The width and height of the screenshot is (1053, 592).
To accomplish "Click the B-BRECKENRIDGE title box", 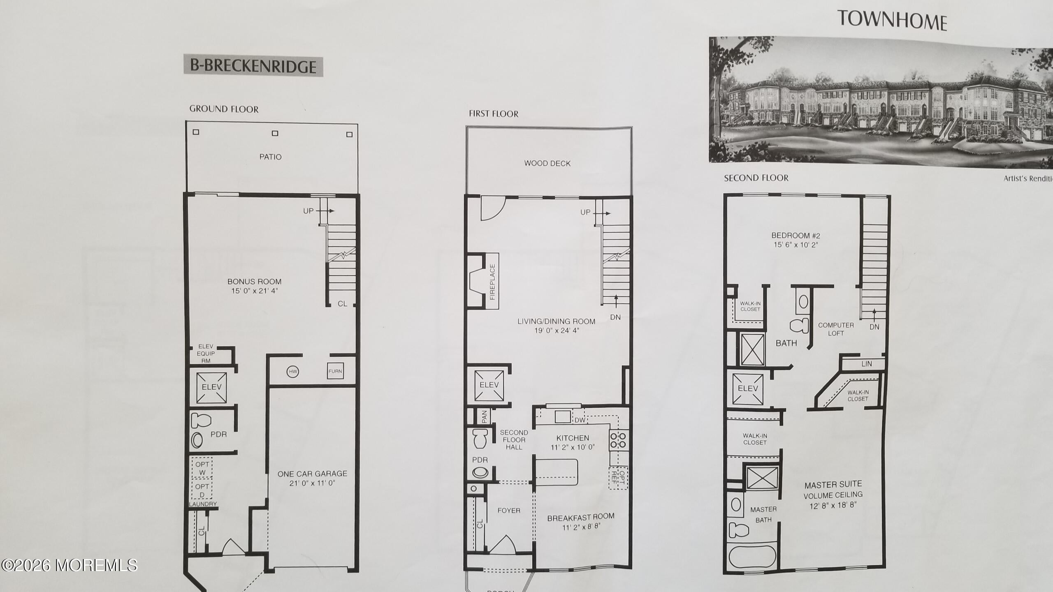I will pyautogui.click(x=253, y=67).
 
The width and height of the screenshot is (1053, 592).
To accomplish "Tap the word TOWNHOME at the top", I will pyautogui.click(x=892, y=20).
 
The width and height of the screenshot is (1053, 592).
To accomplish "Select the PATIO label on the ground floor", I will pyautogui.click(x=270, y=157).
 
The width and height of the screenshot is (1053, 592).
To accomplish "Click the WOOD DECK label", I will pyautogui.click(x=547, y=163).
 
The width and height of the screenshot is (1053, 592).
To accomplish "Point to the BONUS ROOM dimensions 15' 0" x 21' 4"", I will pyautogui.click(x=254, y=291).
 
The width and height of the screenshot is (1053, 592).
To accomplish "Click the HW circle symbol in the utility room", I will pyautogui.click(x=293, y=372).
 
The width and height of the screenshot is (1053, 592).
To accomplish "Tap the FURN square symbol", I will pyautogui.click(x=335, y=371).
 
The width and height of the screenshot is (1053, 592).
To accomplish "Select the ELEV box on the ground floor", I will pyautogui.click(x=211, y=387).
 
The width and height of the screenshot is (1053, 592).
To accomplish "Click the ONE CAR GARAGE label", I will pyautogui.click(x=312, y=474).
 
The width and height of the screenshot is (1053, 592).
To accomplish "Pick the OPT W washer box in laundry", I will pyautogui.click(x=202, y=468).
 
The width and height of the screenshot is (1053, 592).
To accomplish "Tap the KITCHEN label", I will pyautogui.click(x=573, y=438).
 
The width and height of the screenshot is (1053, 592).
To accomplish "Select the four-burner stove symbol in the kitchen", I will pyautogui.click(x=618, y=440).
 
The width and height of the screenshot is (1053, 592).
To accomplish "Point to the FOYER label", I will pyautogui.click(x=509, y=511).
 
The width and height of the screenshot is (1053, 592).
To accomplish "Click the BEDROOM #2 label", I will pyautogui.click(x=796, y=236).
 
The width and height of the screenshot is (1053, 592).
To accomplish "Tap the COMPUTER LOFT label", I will pyautogui.click(x=836, y=329).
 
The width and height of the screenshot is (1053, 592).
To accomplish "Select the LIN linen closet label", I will pyautogui.click(x=866, y=364).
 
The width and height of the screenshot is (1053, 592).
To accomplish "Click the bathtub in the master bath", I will pyautogui.click(x=752, y=557).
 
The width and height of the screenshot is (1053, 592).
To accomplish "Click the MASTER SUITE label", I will pyautogui.click(x=833, y=485).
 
